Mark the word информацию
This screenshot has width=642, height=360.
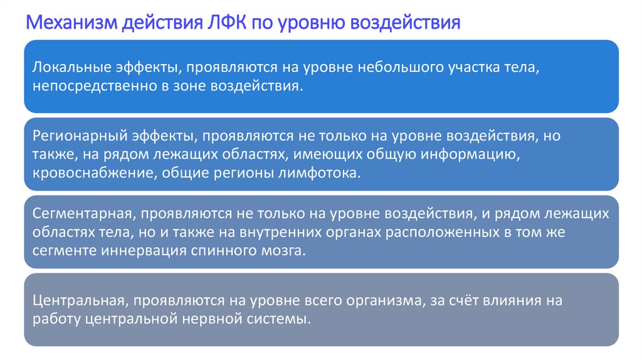click(462, 154)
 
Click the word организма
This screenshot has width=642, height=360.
click(378, 300)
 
